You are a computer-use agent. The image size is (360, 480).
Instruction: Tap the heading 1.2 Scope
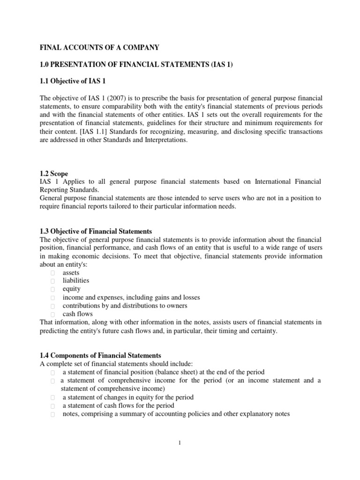coord(54,173)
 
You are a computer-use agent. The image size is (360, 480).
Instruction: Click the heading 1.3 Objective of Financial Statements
coord(94,231)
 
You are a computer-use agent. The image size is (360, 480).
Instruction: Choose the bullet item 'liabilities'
coord(75,281)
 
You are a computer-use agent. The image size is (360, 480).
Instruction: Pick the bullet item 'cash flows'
coord(77,314)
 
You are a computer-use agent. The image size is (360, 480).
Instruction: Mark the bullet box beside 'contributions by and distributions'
coord(53,306)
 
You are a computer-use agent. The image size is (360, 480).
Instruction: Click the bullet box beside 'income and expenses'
coord(53,298)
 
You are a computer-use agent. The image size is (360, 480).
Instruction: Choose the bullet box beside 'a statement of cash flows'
coord(53,406)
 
